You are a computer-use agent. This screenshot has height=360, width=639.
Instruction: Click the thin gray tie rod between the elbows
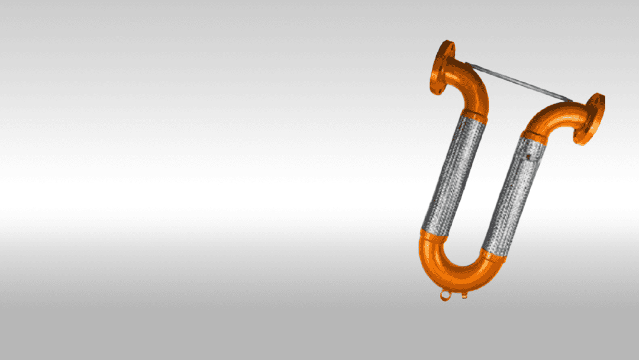[518, 81]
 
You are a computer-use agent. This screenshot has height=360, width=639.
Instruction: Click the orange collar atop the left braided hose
[474, 116]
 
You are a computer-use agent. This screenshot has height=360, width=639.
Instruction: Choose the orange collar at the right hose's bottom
[492, 254]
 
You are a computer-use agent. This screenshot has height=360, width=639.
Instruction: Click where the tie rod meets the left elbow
[467, 64]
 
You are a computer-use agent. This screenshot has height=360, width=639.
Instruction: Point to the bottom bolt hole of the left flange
[437, 89]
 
